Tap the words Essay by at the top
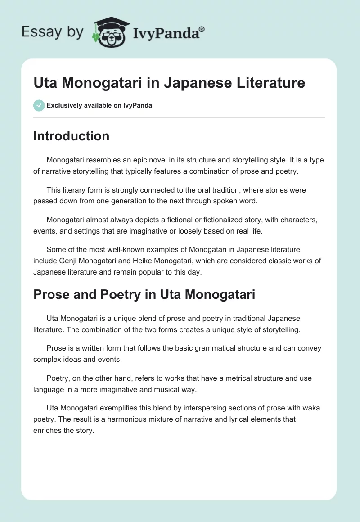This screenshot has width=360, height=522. point(52,32)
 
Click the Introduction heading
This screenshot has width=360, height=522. point(71,136)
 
